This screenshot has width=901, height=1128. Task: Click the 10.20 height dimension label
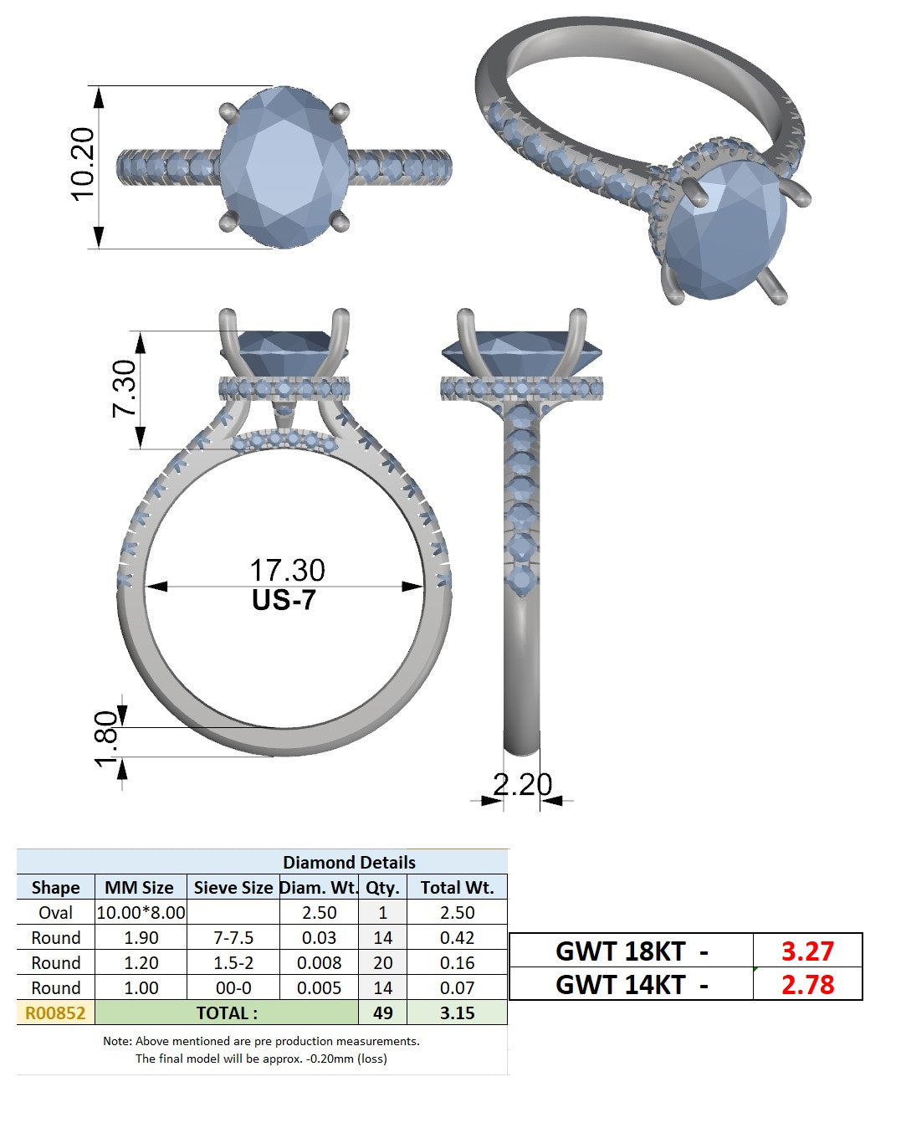point(83,164)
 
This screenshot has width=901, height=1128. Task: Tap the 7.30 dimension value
point(125,388)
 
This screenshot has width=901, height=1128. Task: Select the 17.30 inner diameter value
point(287,570)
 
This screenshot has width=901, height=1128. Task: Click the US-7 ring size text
point(284,600)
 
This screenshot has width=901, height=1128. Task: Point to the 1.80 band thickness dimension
point(106,739)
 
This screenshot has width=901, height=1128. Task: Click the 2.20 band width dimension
point(523,785)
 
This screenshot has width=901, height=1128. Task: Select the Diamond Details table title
point(349,862)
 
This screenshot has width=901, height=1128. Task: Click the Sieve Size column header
point(233,887)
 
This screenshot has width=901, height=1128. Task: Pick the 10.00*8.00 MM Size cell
point(141,913)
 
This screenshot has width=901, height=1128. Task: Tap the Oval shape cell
point(55,913)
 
